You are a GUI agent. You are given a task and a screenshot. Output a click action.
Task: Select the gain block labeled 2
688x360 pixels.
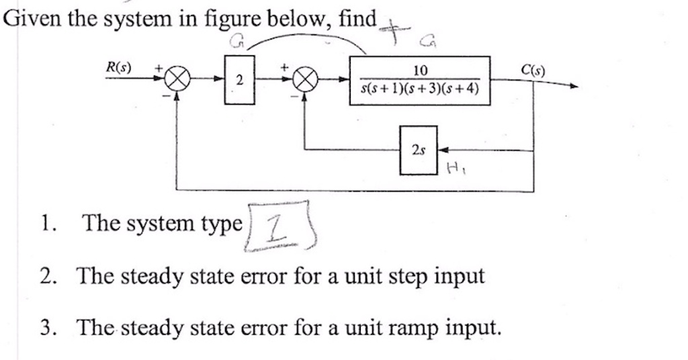pos(240,81)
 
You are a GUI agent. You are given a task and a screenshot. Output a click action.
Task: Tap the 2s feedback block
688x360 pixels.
pos(419,150)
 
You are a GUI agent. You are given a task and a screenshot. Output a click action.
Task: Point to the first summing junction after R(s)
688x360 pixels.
pos(176,82)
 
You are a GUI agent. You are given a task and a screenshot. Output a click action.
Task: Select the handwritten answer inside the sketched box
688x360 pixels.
pos(277,226)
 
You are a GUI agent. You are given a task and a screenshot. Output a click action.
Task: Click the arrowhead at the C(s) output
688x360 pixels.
pos(572,87)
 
